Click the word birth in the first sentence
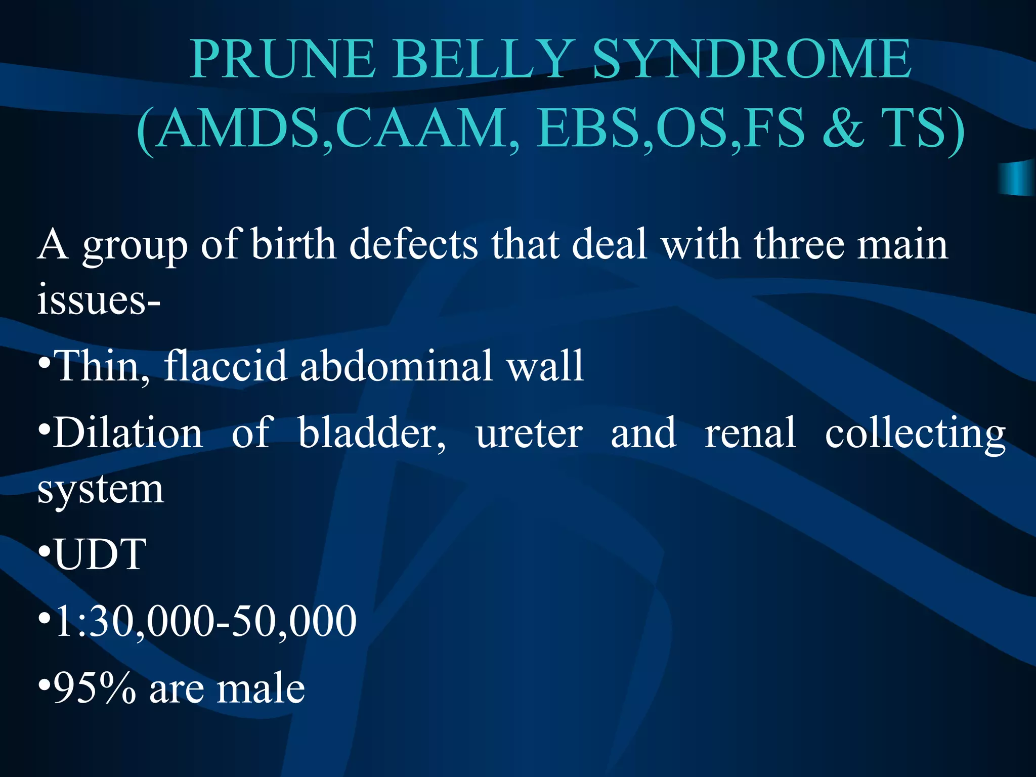click(293, 245)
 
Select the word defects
click(413, 245)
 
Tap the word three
click(799, 245)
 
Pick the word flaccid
click(225, 365)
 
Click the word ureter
click(529, 434)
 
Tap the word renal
click(750, 433)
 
